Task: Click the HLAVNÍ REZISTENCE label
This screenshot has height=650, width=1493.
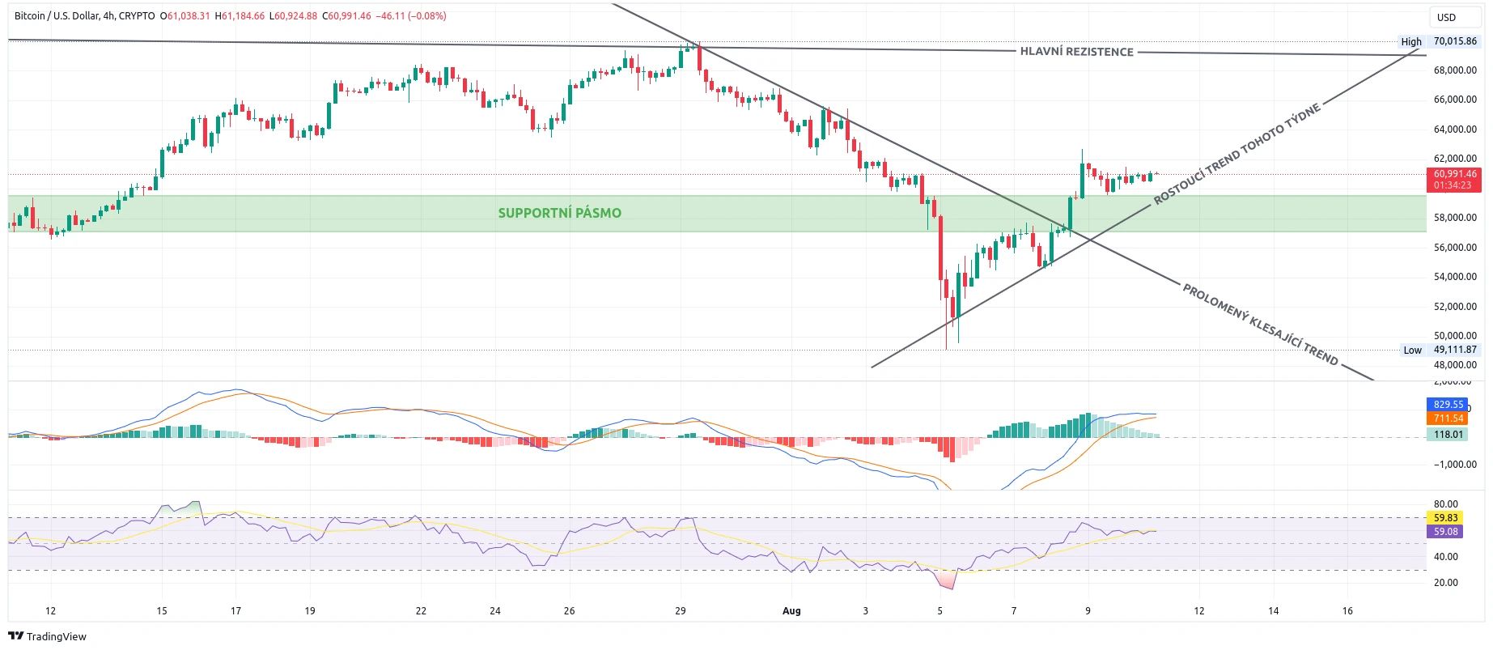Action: coord(1076,52)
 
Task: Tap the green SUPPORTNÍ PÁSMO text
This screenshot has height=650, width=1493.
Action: coord(559,213)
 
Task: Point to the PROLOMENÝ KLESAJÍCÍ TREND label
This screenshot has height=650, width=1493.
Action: coord(1260,325)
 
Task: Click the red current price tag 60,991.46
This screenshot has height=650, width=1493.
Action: coord(1454,174)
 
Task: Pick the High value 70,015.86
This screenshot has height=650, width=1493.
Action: coord(1454,41)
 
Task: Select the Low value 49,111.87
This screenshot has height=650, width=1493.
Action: coord(1454,350)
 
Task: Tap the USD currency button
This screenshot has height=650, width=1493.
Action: coord(1446,17)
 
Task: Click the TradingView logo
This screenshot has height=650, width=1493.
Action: coord(48,636)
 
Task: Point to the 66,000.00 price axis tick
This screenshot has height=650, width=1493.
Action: coord(1455,100)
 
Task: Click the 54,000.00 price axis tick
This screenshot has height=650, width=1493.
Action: coord(1455,277)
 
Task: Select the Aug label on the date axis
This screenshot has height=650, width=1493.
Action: coord(791,611)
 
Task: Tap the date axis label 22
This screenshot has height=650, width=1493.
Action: coord(421,611)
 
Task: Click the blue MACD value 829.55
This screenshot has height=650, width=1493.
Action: coord(1448,404)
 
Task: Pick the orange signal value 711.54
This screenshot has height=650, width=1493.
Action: coord(1448,418)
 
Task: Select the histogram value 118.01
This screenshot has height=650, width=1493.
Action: coord(1448,435)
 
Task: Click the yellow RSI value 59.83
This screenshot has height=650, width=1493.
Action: coord(1445,518)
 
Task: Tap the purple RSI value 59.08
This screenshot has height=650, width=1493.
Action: coord(1445,532)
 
